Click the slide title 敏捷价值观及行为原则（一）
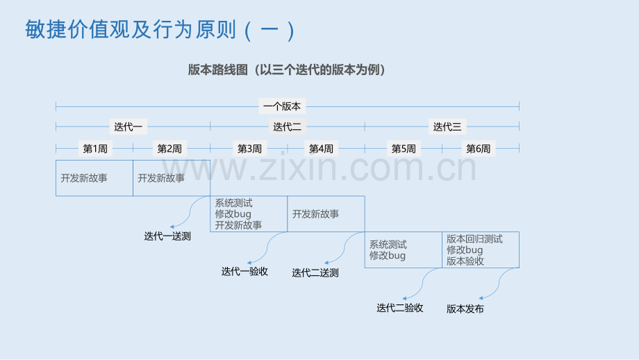160,30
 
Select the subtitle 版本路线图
217,69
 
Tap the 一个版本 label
282,106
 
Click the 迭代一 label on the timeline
128,126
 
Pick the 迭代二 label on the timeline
287,126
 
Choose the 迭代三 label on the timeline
447,126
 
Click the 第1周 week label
95,149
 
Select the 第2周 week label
169,149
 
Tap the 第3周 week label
249,149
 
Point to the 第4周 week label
321,149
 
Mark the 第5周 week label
404,149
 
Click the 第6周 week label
479,149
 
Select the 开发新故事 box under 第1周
94,178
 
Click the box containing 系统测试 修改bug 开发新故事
249,214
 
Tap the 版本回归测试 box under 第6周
481,250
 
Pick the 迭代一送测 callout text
167,236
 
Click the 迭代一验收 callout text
244,272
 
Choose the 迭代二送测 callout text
315,272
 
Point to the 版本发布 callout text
465,309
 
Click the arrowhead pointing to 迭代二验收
404,298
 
